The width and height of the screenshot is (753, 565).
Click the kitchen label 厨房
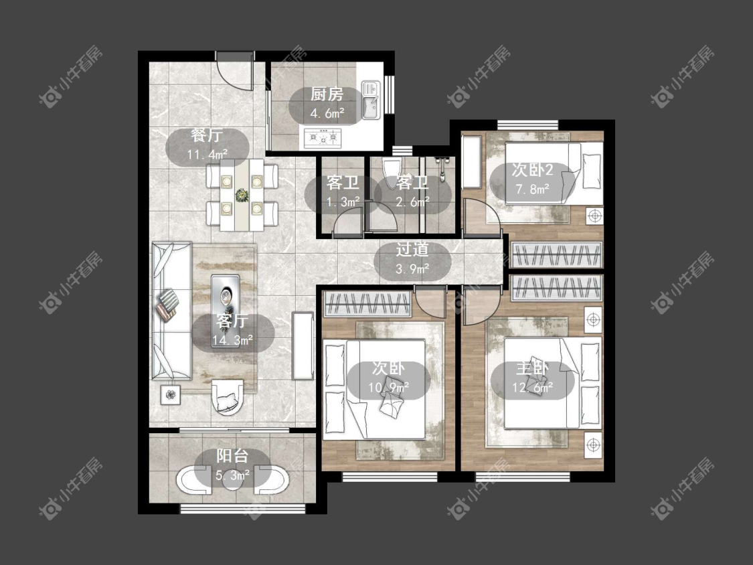[x=327, y=94]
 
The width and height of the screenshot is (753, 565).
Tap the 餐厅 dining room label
[x=207, y=135]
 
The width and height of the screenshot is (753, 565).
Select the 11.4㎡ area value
[x=207, y=155]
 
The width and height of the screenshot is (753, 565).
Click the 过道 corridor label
[x=412, y=249]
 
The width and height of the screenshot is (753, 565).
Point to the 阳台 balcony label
[x=232, y=455]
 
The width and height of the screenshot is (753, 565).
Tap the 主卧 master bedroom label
[x=532, y=368]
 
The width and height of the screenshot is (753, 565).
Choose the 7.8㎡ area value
[x=533, y=189]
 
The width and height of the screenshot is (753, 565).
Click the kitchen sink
[x=371, y=100]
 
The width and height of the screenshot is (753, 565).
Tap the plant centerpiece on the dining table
[x=242, y=195]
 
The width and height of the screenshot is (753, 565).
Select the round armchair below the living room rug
[x=227, y=396]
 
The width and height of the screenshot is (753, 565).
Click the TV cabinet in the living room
[x=303, y=345]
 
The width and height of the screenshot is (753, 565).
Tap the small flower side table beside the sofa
[x=171, y=395]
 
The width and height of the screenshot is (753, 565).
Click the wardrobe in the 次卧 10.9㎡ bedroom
[x=368, y=304]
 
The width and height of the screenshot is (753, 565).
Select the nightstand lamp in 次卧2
[x=594, y=216]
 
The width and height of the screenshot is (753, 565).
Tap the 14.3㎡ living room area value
[x=233, y=340]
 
